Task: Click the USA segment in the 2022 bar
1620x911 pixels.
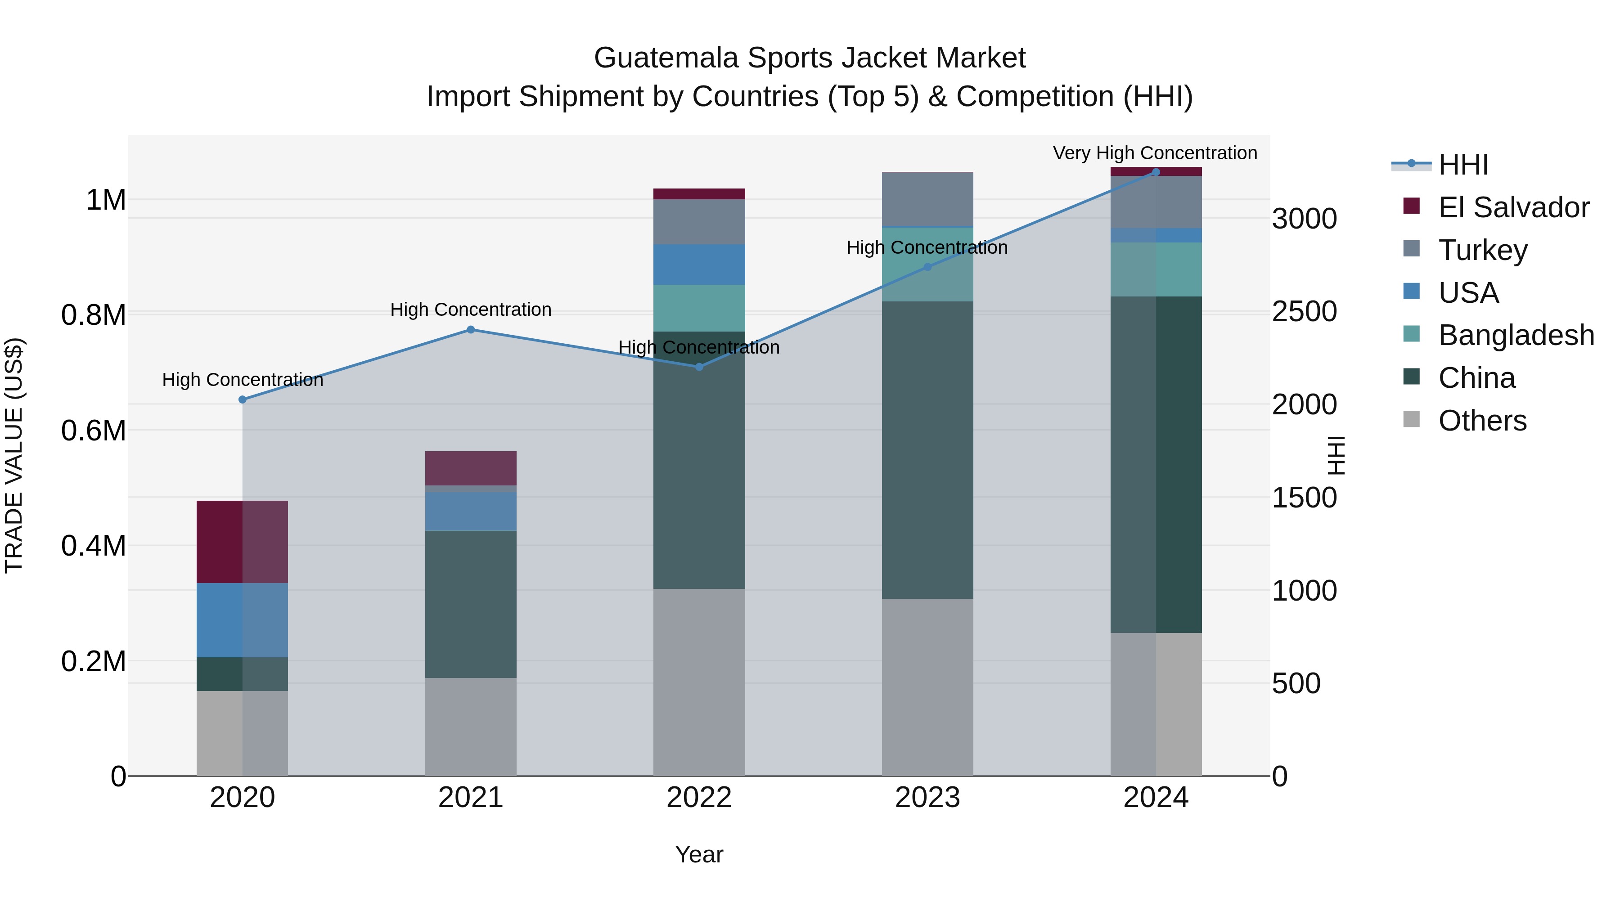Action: click(699, 264)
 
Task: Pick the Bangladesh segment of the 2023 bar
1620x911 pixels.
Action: click(927, 264)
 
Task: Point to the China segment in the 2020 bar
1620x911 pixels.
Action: click(242, 673)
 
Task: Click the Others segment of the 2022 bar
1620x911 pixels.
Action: click(699, 682)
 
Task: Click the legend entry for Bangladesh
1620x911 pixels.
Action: click(1516, 335)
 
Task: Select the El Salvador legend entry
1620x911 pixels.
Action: click(1513, 207)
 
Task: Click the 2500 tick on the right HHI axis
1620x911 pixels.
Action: click(1304, 312)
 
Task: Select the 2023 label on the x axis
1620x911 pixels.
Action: click(927, 798)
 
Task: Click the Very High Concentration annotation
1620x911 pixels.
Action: click(1155, 153)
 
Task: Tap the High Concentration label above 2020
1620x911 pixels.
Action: click(242, 380)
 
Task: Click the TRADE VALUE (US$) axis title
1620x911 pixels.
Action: click(14, 455)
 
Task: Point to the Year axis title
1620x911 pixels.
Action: click(699, 854)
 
